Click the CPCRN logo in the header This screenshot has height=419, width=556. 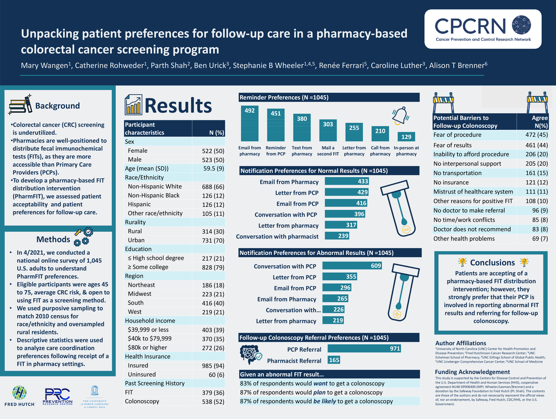(483, 29)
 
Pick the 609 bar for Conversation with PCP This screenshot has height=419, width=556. (352, 266)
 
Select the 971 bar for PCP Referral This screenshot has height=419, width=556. (364, 349)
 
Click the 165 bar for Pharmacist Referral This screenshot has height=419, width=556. (334, 360)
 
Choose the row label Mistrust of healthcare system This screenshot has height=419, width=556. (473, 192)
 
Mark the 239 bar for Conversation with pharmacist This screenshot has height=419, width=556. (337, 236)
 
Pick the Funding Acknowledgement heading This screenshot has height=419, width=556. (472, 372)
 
